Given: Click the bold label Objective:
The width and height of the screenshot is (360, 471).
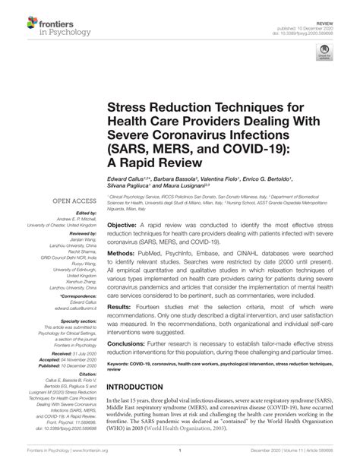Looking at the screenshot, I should (x=122, y=206).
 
